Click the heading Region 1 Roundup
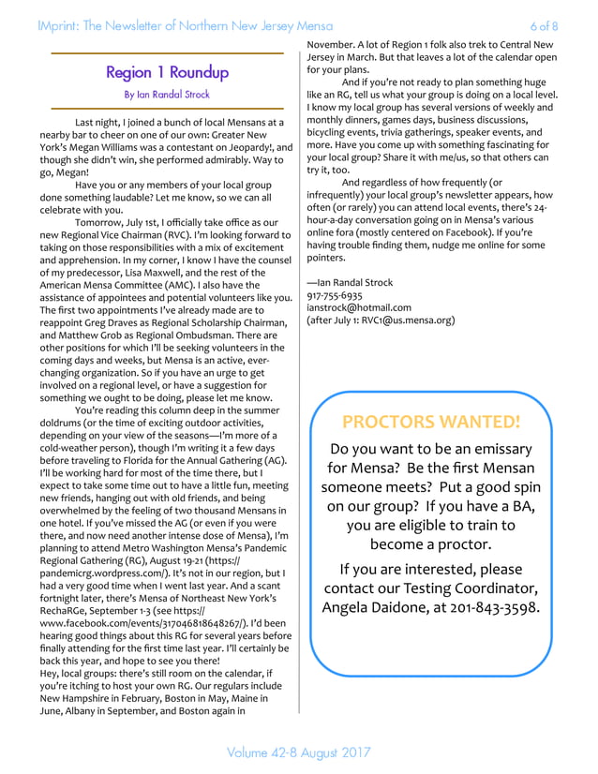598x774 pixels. tap(167, 72)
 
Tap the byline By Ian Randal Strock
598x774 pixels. tap(167, 95)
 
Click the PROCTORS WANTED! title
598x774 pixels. tap(431, 422)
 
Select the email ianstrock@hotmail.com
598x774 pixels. tap(359, 307)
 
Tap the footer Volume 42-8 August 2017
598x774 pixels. tap(299, 752)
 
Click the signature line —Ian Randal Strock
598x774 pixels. tap(350, 282)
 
